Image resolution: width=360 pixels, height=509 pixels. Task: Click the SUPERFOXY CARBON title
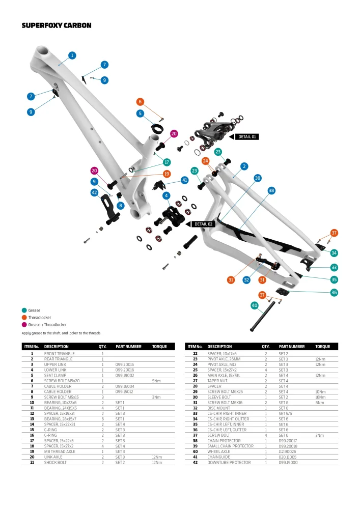click(x=56, y=25)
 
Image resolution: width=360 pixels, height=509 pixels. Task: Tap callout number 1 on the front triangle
click(x=72, y=55)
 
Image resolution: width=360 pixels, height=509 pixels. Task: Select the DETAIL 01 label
click(x=248, y=137)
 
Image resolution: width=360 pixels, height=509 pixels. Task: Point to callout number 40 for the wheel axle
click(x=255, y=305)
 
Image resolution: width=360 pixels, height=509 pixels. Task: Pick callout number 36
click(x=334, y=293)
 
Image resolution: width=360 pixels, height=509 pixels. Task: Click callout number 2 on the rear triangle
click(x=244, y=166)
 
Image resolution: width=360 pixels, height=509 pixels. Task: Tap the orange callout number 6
click(x=141, y=102)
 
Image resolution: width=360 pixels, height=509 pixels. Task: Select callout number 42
click(x=94, y=192)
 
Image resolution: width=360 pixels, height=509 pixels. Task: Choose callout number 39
click(x=258, y=178)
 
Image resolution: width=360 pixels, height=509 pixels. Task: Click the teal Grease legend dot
click(x=24, y=310)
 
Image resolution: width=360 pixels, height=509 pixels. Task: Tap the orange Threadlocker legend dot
click(x=24, y=318)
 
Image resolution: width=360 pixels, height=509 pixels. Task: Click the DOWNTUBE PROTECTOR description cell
click(x=229, y=462)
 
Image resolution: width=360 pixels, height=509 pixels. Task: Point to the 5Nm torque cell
click(x=157, y=381)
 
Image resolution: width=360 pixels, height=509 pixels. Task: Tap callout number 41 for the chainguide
click(x=184, y=180)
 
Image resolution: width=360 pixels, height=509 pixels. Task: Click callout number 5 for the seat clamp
click(x=141, y=114)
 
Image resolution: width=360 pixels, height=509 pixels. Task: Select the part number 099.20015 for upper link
click(x=125, y=364)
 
